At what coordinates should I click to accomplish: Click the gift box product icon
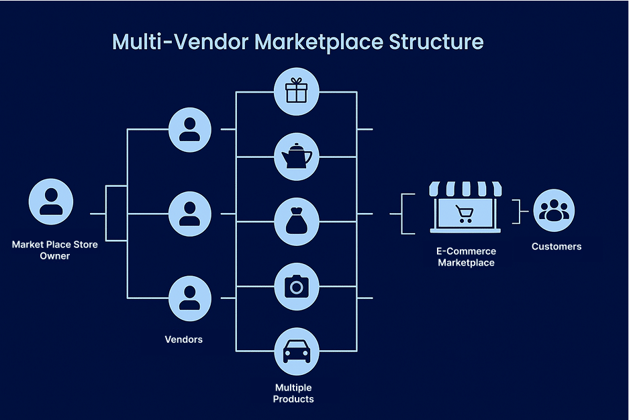coord(297,91)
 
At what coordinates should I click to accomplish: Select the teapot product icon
coord(297,157)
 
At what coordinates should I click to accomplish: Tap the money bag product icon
coord(297,222)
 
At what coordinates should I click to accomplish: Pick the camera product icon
coord(297,287)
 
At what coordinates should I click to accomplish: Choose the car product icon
coord(297,351)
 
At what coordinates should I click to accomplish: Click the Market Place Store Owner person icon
coord(51,202)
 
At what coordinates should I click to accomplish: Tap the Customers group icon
coord(554,210)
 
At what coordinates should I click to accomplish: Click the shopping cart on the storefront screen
coord(465,214)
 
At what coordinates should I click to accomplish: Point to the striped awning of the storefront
coord(465,189)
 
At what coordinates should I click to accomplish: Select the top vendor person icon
coord(190,130)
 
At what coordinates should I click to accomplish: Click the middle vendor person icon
coord(190,214)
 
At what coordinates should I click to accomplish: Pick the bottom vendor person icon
coord(190,298)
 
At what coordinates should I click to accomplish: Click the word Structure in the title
coord(436,42)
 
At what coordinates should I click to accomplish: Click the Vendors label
coord(184,339)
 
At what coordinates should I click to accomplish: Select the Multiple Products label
coord(293,393)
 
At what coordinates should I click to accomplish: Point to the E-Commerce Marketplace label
coord(466,257)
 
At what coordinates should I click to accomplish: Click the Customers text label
coord(557,247)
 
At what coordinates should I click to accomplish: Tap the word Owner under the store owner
coord(55,256)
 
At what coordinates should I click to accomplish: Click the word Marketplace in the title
coord(319,42)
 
